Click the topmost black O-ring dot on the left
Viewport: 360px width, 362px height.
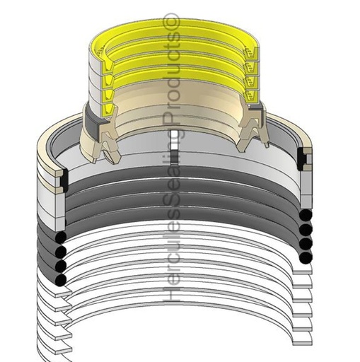point(62,238)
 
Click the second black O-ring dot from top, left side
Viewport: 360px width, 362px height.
point(62,252)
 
